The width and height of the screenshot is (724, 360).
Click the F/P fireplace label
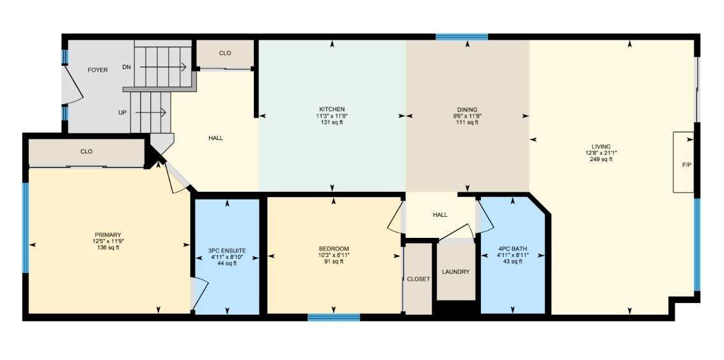click(x=687, y=165)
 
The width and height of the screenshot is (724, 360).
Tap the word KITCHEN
click(x=332, y=109)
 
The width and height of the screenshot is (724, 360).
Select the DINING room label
click(x=468, y=109)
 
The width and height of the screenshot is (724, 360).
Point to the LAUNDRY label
click(x=455, y=272)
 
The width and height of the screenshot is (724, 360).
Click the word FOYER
click(x=98, y=70)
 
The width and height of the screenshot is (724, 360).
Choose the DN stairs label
click(x=127, y=67)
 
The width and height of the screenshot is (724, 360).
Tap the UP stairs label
click(x=122, y=112)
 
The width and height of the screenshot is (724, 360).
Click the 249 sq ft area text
click(x=601, y=159)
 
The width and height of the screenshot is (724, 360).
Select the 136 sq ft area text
click(x=107, y=248)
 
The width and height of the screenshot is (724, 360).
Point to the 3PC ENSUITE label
click(x=227, y=250)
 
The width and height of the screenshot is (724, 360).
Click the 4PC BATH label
click(x=512, y=249)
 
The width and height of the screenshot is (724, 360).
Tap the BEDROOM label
click(x=334, y=248)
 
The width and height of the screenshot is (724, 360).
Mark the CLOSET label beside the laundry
click(x=418, y=279)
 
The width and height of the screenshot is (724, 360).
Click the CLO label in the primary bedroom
click(x=86, y=152)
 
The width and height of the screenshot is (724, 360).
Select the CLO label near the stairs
click(x=225, y=53)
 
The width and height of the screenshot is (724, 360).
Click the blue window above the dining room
click(x=462, y=37)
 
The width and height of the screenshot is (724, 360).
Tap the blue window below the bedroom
click(x=333, y=317)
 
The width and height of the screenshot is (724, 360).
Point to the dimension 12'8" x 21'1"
click(x=601, y=153)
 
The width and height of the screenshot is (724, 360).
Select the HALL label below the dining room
click(x=440, y=215)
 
